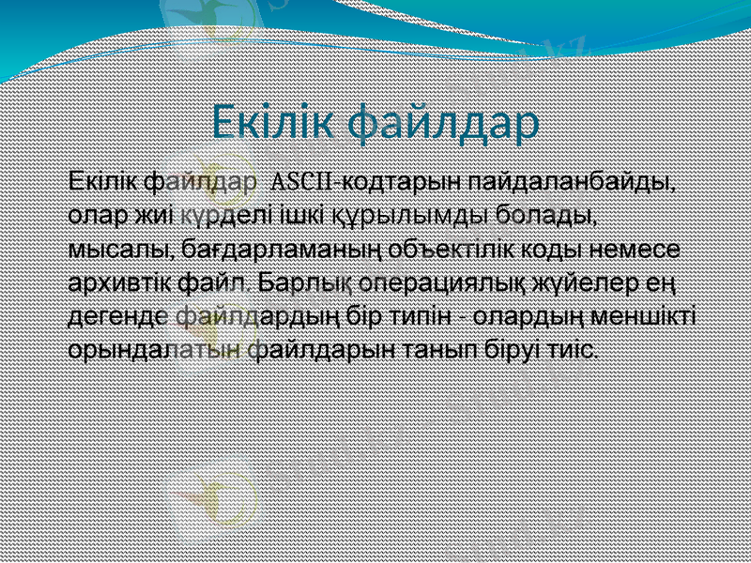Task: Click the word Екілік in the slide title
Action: click(273, 122)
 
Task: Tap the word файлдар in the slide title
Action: click(445, 124)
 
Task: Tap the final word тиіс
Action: click(575, 350)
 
